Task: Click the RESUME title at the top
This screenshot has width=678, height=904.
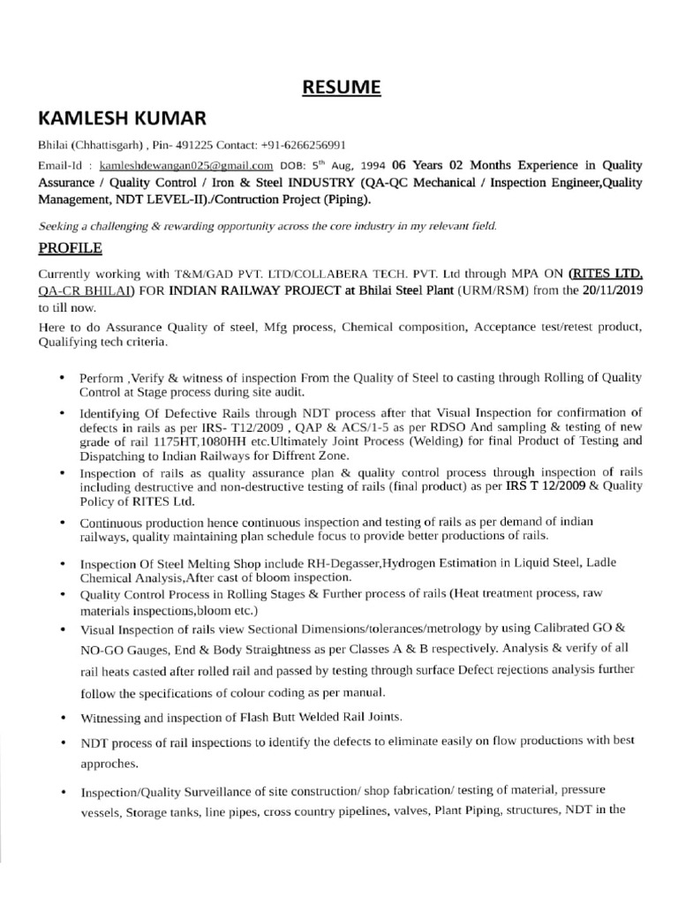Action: click(342, 87)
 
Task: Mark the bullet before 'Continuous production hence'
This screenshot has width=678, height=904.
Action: click(61, 524)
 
